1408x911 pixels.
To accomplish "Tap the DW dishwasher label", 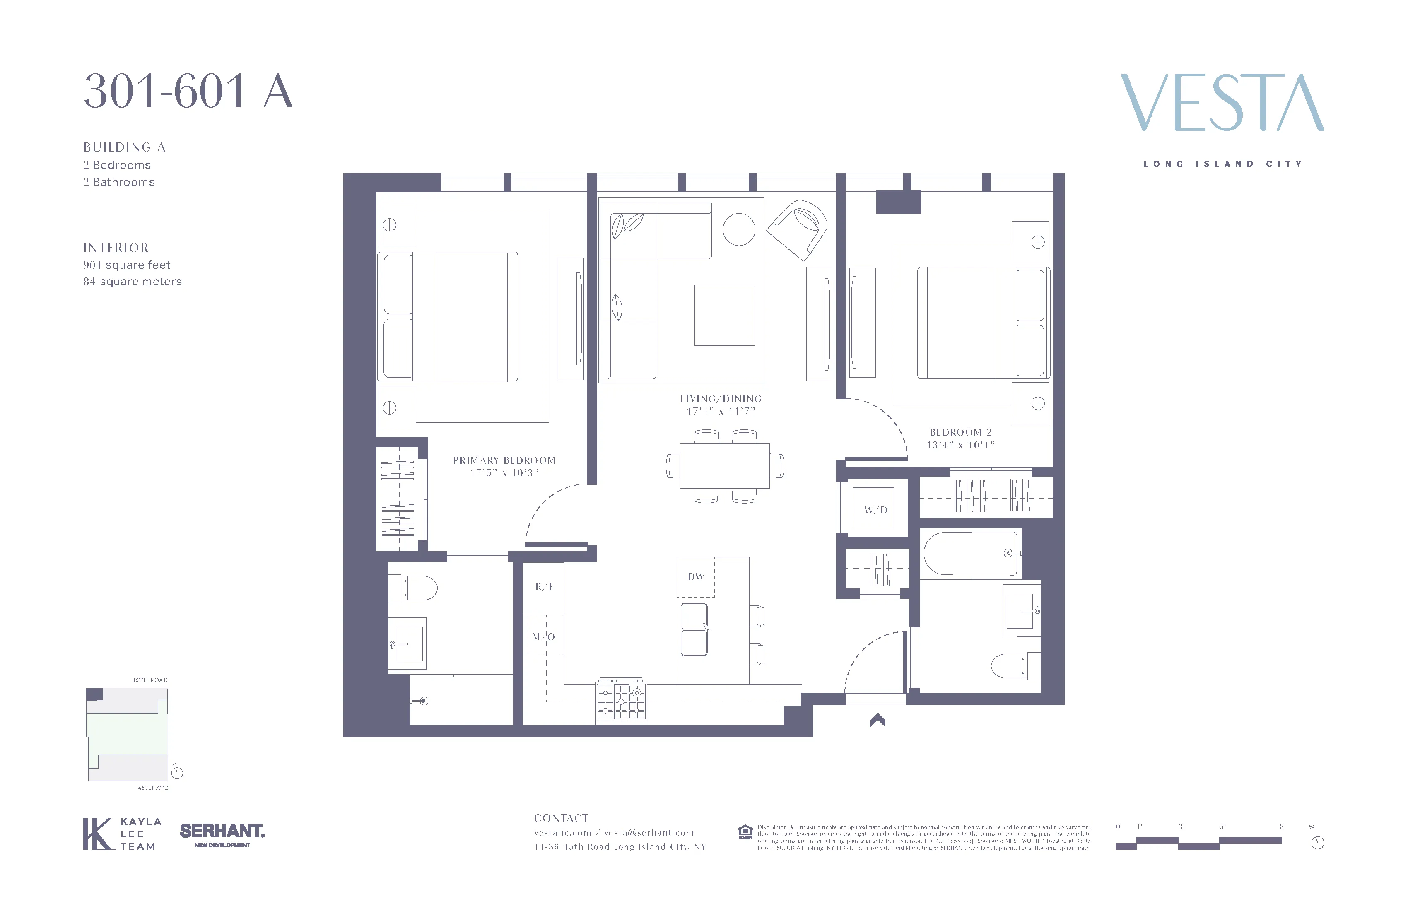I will (696, 577).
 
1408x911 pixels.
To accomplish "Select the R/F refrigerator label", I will (544, 587).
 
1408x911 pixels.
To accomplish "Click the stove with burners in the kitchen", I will (621, 701).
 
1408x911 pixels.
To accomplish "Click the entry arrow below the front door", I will (878, 720).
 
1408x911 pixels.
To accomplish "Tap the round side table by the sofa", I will (738, 229).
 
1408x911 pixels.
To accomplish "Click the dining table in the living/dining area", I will (724, 465).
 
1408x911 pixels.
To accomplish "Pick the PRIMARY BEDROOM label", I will (504, 460).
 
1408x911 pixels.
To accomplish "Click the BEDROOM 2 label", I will (960, 432).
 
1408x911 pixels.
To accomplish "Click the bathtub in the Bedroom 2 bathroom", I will (970, 554).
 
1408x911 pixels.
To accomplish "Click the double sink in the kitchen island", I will (694, 629).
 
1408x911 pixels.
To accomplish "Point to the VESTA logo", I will (1222, 103).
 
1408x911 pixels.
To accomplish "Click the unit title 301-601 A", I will (188, 92).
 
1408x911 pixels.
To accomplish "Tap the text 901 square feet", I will (127, 265).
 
